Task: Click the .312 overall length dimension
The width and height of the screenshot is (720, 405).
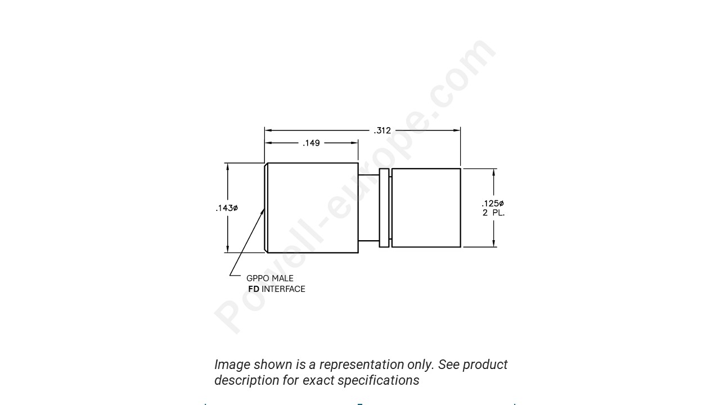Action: click(x=382, y=130)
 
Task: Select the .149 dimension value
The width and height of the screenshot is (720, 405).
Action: click(x=311, y=143)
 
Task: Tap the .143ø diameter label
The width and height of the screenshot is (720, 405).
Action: click(x=227, y=208)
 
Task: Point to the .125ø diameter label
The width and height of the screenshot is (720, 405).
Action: click(x=493, y=203)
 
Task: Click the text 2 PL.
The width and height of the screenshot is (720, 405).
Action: click(x=493, y=213)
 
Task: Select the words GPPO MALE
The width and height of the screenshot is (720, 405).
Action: click(x=270, y=278)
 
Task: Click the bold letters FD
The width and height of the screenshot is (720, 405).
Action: click(x=254, y=289)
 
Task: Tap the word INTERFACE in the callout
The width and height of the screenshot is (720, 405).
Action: click(x=283, y=289)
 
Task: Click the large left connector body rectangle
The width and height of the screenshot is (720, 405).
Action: click(x=313, y=208)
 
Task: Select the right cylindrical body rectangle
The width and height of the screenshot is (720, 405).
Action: click(x=426, y=208)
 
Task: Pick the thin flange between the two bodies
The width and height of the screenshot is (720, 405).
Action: click(x=384, y=208)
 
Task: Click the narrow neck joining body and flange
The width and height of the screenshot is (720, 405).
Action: click(x=368, y=208)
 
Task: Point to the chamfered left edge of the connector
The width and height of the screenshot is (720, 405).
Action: click(x=265, y=208)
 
